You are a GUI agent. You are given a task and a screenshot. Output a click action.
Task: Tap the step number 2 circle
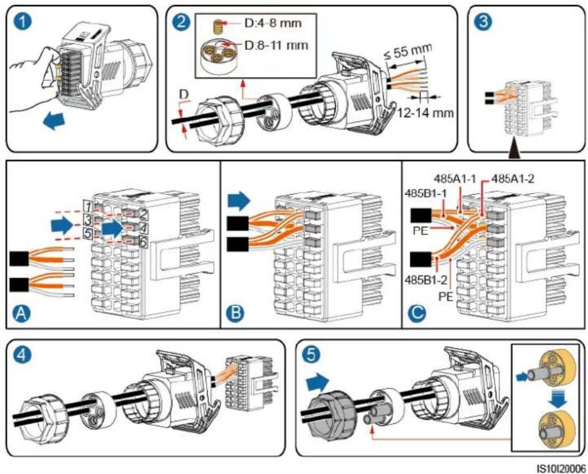pos(182,22)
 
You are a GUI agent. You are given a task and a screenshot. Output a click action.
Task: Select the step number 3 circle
pos(483,21)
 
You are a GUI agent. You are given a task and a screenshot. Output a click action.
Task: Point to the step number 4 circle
pos(22,356)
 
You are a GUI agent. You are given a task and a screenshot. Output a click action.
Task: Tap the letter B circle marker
pos(236,312)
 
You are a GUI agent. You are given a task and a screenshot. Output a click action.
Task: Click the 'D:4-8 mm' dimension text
pos(273,24)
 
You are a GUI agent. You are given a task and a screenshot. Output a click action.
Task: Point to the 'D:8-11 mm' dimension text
pos(276,45)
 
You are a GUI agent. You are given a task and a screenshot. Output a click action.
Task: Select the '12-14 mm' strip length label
pos(425,112)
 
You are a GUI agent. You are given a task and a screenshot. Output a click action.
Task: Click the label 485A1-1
pos(455,178)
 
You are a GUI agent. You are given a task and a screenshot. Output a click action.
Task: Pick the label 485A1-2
pos(513,178)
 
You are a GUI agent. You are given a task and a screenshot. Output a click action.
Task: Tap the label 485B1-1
pos(425,194)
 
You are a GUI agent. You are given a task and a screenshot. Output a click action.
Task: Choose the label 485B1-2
pos(425,280)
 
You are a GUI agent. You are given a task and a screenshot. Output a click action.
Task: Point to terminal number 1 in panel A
pos(88,206)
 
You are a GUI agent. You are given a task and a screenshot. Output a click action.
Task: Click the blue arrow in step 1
pos(54,122)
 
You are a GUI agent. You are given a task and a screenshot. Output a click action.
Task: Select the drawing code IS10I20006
pos(561,469)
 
